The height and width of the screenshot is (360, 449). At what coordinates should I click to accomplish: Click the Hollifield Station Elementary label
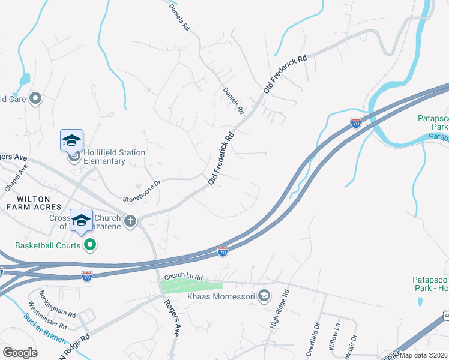click(x=114, y=157)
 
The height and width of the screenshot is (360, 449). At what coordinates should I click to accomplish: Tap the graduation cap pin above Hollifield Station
click(x=71, y=141)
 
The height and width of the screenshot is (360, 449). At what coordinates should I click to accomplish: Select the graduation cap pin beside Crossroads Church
click(x=81, y=220)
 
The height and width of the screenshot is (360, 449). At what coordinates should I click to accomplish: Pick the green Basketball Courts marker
click(x=91, y=244)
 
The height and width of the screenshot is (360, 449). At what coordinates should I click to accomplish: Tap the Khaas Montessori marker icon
click(x=264, y=295)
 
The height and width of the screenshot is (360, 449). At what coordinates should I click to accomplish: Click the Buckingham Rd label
click(x=58, y=305)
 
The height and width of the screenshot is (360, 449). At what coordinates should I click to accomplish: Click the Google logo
click(x=20, y=353)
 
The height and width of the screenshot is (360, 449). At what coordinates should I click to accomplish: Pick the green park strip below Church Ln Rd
click(x=191, y=287)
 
